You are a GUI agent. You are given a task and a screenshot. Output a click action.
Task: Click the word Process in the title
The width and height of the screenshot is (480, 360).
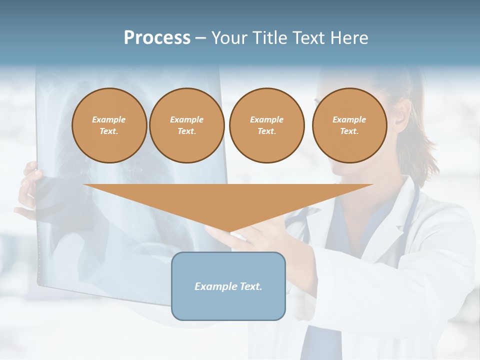point(157,38)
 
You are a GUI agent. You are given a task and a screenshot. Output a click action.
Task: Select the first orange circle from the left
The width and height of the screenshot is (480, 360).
point(109,125)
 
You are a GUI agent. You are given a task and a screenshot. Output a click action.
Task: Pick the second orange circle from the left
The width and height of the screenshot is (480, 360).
point(187,125)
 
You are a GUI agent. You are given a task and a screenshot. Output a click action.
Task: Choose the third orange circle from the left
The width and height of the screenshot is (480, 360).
point(267,125)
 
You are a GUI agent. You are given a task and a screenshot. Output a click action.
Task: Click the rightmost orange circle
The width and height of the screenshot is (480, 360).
point(349,125)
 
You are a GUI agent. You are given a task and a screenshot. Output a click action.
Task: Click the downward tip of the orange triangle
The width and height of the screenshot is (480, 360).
point(229,231)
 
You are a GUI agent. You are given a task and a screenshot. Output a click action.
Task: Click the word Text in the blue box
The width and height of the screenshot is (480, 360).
point(250,286)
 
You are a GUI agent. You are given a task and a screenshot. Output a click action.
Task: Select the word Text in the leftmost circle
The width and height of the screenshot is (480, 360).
point(109,131)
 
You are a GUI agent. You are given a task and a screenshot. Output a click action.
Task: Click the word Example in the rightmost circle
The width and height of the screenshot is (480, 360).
point(349,119)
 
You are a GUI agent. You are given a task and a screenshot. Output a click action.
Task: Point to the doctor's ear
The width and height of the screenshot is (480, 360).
point(400,116)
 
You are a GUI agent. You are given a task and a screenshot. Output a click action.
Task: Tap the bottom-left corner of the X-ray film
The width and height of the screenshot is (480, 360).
point(39,286)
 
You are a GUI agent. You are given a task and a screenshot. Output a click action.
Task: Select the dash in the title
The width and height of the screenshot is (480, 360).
point(201,38)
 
